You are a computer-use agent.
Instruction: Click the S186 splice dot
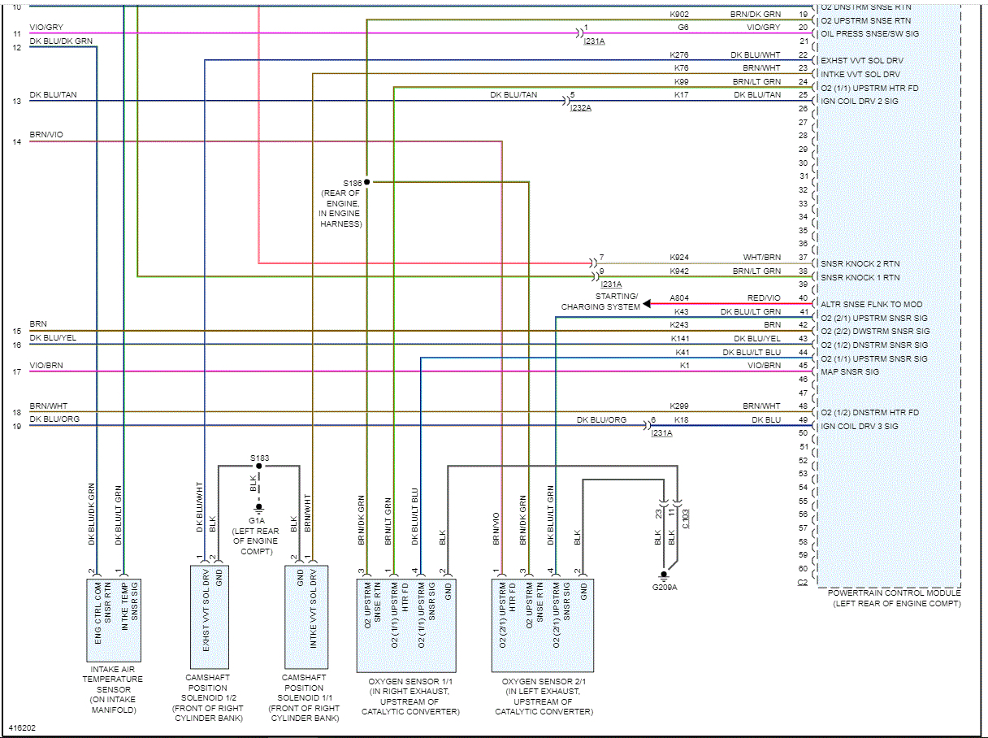tap(366, 182)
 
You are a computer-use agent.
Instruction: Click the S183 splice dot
tap(258, 466)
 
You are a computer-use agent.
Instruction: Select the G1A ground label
tap(258, 521)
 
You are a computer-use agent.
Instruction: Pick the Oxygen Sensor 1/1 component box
tap(405, 625)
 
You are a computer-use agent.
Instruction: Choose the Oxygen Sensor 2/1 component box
tap(542, 625)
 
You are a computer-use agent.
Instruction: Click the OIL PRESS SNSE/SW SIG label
tap(869, 34)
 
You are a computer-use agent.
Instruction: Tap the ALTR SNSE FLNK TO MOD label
tap(871, 305)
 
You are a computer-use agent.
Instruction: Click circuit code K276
tap(679, 55)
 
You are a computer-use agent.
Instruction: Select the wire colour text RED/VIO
tap(764, 298)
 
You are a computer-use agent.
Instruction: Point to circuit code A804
tap(679, 298)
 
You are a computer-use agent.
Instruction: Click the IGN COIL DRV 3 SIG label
tap(860, 427)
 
